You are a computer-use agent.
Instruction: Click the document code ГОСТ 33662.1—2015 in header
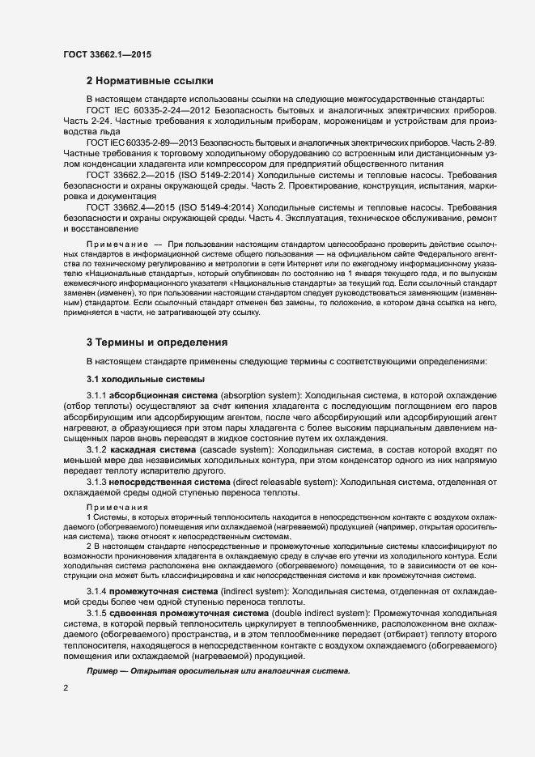pyautogui.click(x=107, y=54)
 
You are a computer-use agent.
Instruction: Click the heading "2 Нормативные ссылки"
pyautogui.click(x=150, y=81)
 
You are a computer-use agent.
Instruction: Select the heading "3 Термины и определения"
pyautogui.click(x=156, y=342)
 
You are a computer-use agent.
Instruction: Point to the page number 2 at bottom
pyautogui.click(x=66, y=687)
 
